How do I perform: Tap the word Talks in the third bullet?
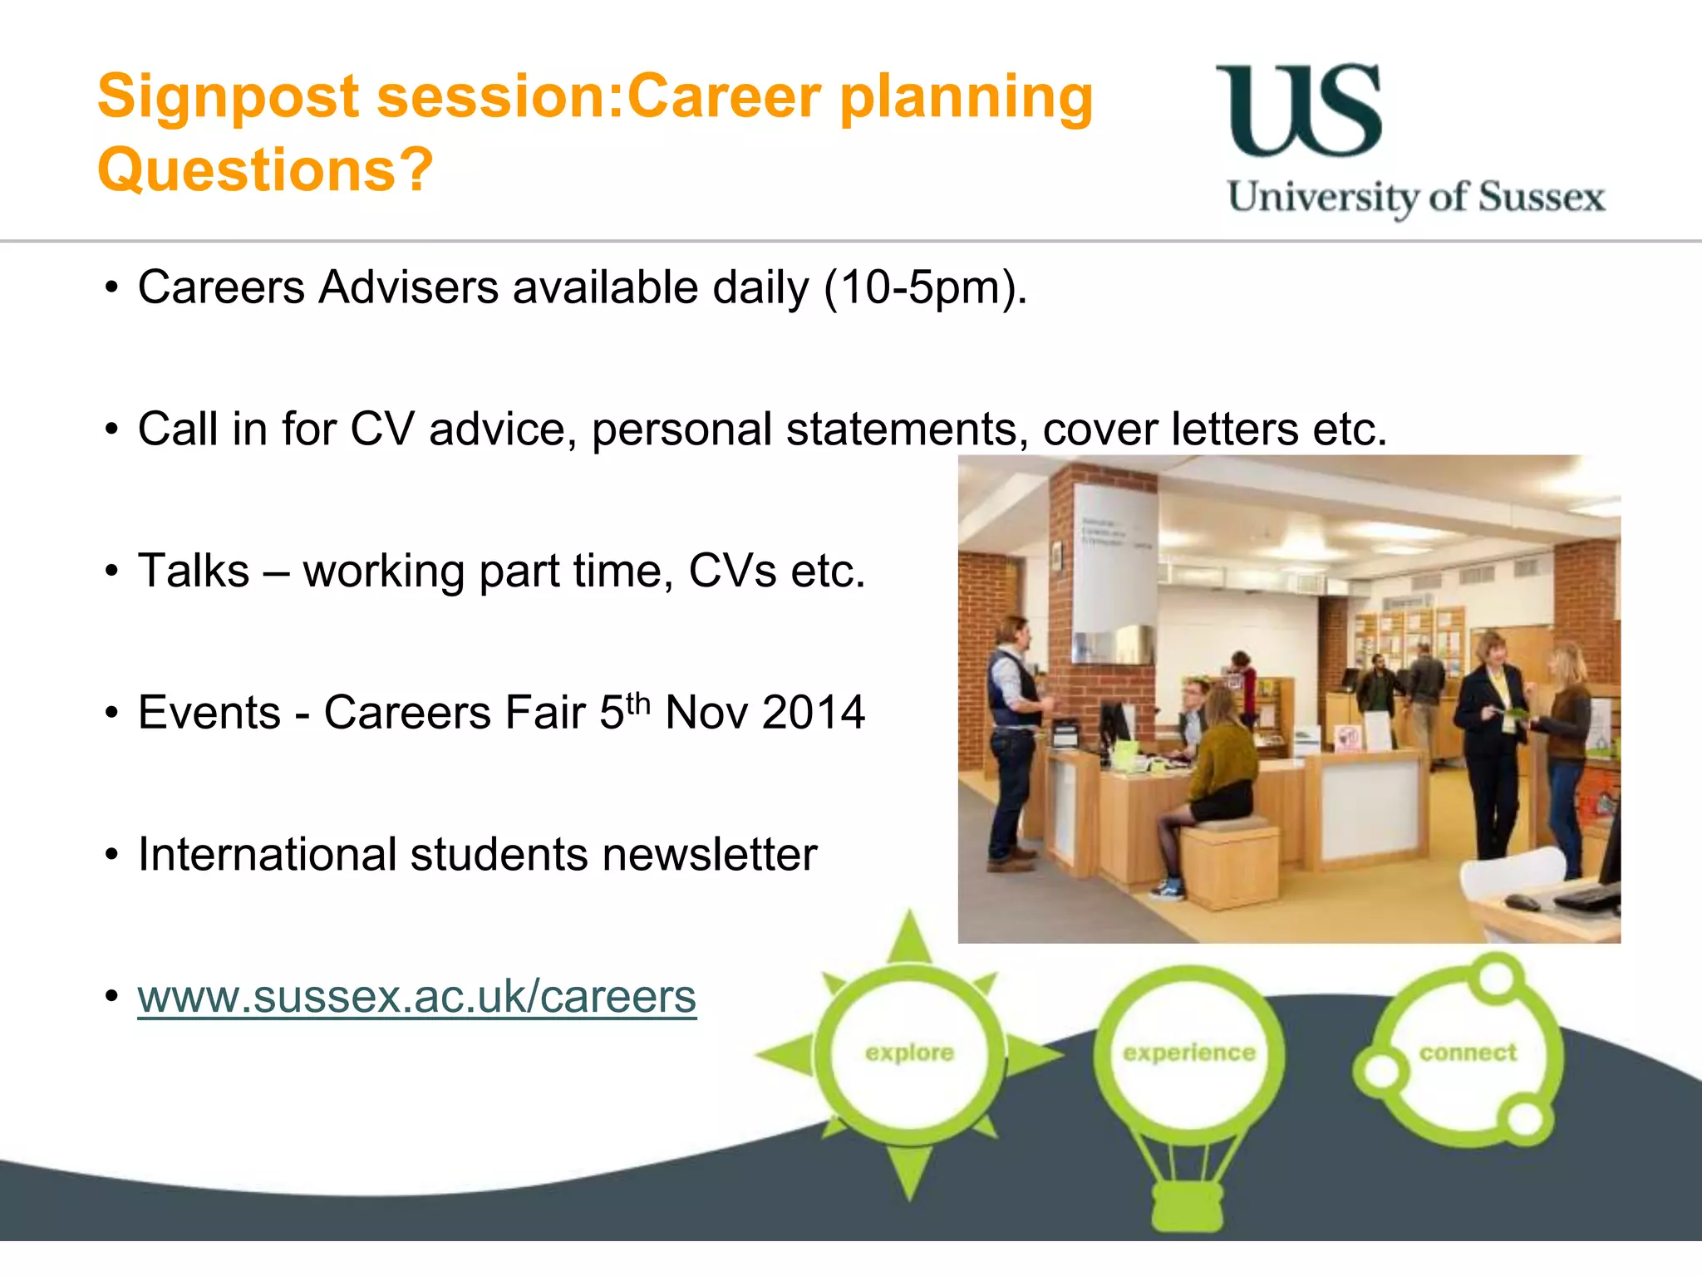[x=194, y=572]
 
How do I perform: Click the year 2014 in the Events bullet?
[x=813, y=714]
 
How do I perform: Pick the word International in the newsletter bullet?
[x=267, y=855]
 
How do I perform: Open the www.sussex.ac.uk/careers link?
[x=416, y=997]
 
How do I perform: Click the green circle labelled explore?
[x=909, y=1053]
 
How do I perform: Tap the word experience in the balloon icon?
[x=1188, y=1053]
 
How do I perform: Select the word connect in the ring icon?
[x=1468, y=1053]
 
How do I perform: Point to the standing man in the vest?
[x=1012, y=731]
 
